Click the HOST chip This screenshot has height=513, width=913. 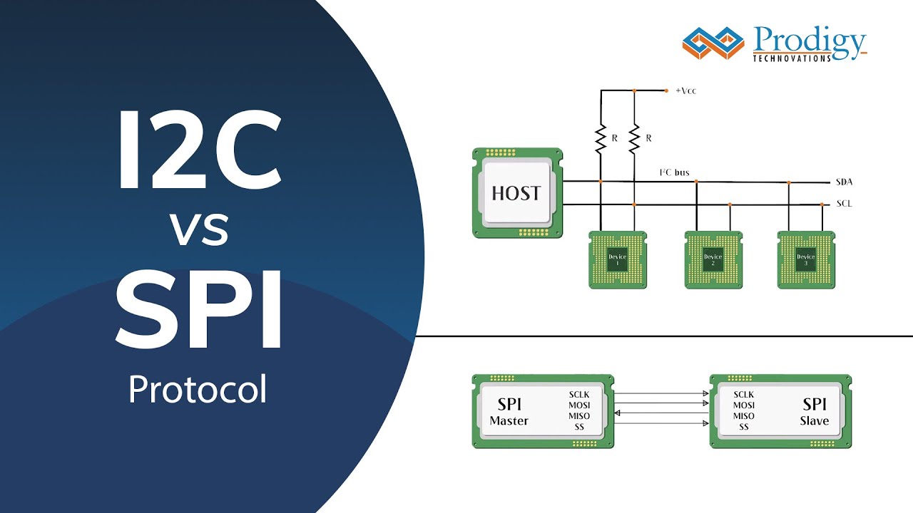(x=517, y=192)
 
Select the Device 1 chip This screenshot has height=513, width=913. (x=618, y=260)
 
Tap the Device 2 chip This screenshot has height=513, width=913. (x=713, y=260)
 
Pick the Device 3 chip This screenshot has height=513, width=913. (x=806, y=260)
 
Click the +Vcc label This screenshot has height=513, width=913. (x=686, y=91)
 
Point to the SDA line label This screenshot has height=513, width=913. (x=844, y=182)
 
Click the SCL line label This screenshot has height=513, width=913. (x=844, y=204)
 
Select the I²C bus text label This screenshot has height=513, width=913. (x=674, y=173)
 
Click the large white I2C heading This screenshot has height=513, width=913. (x=199, y=150)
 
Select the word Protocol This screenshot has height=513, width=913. (x=198, y=390)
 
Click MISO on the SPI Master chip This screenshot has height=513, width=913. (x=579, y=416)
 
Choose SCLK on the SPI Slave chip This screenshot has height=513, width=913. (x=744, y=395)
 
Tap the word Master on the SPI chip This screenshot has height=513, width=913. (x=509, y=420)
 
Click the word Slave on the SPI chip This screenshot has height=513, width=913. (x=815, y=420)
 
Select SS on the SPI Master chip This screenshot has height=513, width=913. (x=579, y=427)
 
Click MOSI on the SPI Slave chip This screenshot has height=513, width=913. (x=744, y=405)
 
